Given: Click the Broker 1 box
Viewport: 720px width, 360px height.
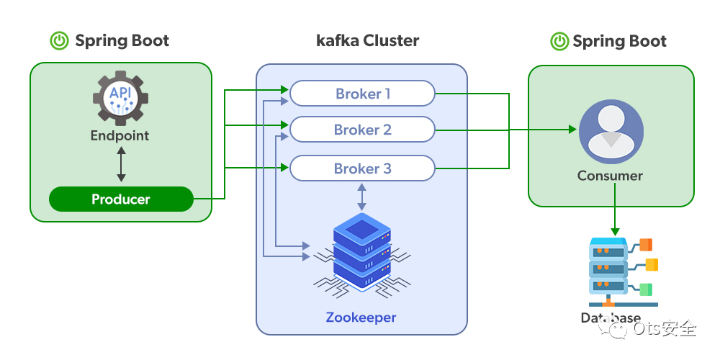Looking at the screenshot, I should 362,94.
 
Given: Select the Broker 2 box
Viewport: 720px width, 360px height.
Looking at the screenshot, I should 362,130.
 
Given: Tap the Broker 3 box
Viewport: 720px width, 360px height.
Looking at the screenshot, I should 362,169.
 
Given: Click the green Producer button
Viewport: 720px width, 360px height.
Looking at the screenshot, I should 121,199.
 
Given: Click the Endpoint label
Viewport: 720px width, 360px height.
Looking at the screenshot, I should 120,135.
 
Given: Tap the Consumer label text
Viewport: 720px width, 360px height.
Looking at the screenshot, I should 610,176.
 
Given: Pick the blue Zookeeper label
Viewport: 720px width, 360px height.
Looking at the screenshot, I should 361,318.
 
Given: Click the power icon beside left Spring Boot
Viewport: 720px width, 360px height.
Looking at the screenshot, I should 59,40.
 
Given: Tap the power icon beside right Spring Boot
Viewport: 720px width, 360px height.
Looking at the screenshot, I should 559,41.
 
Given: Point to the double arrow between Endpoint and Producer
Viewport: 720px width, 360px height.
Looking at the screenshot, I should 121,165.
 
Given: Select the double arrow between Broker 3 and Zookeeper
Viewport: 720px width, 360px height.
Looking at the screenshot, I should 361,196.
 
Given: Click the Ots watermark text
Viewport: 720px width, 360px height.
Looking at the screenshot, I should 665,329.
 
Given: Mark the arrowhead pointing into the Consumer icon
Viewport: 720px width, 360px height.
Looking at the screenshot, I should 573,130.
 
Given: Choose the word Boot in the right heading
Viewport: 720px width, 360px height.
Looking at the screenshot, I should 647,41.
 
